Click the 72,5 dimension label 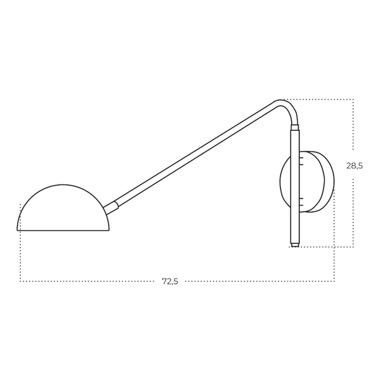pyautogui.click(x=170, y=281)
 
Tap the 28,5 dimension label pyautogui.click(x=354, y=165)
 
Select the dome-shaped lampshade pyautogui.click(x=63, y=208)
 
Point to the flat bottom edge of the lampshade pyautogui.click(x=63, y=231)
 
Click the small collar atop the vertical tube pyautogui.click(x=295, y=128)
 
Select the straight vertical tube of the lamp pyautogui.click(x=295, y=186)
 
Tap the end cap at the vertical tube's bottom pyautogui.click(x=295, y=245)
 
